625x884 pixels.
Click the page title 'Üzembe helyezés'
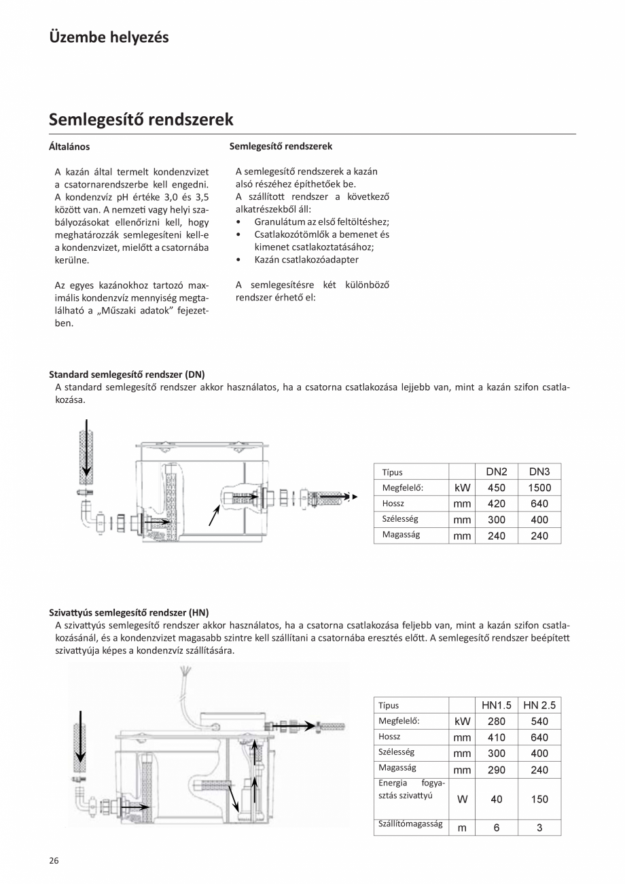tap(109, 37)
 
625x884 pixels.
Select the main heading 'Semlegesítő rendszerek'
tap(141, 120)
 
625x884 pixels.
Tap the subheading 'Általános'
tap(69, 146)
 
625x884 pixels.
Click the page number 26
tap(54, 860)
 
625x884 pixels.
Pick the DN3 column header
tap(539, 472)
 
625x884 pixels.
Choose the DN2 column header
tap(497, 472)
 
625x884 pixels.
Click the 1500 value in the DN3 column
tap(539, 487)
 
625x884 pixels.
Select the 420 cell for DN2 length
tap(497, 503)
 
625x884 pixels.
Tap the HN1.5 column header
tap(497, 705)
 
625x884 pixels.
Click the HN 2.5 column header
tap(539, 705)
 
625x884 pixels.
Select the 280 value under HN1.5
tap(497, 721)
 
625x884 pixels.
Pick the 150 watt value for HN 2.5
tap(539, 799)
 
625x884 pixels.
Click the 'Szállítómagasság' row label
tap(410, 824)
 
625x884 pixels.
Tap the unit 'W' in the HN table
tap(462, 799)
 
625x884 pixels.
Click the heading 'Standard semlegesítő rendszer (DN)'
tap(126, 374)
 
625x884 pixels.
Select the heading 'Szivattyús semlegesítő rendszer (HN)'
tap(129, 612)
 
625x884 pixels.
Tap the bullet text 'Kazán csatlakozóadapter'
tap(306, 260)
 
